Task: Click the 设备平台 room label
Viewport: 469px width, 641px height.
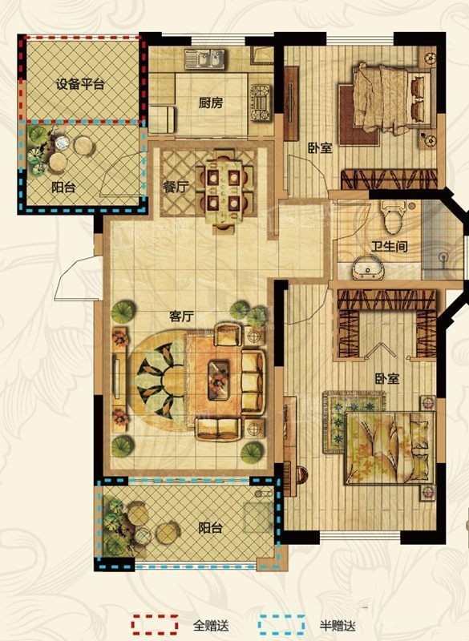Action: point(80,85)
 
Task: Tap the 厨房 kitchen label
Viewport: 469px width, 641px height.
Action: point(211,103)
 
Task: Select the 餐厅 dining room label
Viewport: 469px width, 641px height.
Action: point(176,187)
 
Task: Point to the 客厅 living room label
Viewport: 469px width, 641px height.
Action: point(181,316)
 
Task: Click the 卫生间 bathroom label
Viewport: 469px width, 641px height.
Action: point(390,247)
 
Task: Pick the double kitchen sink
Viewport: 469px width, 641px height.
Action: point(204,58)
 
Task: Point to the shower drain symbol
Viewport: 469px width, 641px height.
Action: point(443,257)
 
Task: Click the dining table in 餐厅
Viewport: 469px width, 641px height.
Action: point(223,191)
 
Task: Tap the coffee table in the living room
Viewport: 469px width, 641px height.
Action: point(218,380)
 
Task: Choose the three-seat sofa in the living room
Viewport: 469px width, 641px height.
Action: point(253,382)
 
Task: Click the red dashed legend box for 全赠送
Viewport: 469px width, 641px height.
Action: point(155,624)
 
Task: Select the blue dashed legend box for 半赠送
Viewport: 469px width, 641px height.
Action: point(281,624)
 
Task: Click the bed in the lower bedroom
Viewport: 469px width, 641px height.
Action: point(390,448)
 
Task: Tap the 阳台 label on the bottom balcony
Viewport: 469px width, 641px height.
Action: point(211,528)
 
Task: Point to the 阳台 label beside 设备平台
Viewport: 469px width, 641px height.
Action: point(64,187)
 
